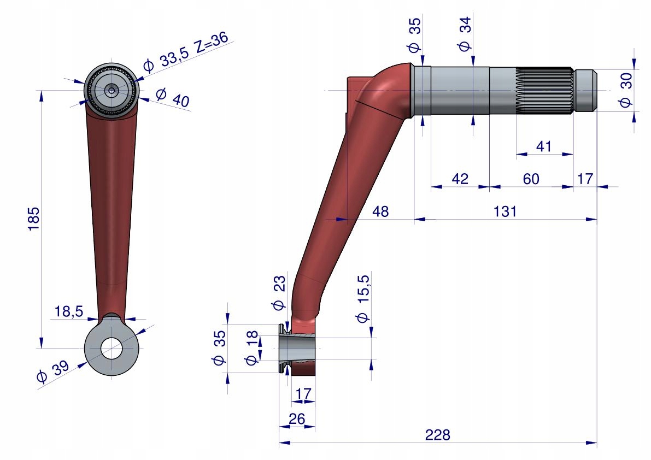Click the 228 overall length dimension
(x=438, y=435)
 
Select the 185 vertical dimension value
(x=33, y=219)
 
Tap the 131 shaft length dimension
(x=505, y=211)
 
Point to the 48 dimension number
(x=380, y=211)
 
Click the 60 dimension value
(x=531, y=179)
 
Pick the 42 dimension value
(x=460, y=179)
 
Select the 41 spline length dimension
(x=543, y=146)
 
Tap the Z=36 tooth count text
(x=212, y=42)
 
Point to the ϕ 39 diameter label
(x=52, y=371)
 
